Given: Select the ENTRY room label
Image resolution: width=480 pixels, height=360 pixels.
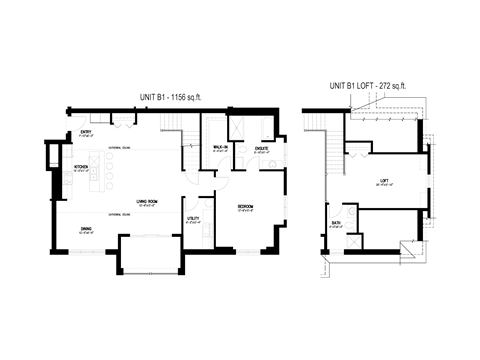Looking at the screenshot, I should coord(86,133).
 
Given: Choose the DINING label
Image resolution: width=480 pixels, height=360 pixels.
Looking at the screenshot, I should coord(89,229).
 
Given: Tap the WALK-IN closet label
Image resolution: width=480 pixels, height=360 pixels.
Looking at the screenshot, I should coord(220,147).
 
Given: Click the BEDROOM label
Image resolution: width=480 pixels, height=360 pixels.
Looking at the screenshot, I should coord(245,207).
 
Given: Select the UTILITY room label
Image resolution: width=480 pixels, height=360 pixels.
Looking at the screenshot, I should coord(192,218).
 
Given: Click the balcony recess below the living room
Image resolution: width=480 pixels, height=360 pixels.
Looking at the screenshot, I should coord(150,254).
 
